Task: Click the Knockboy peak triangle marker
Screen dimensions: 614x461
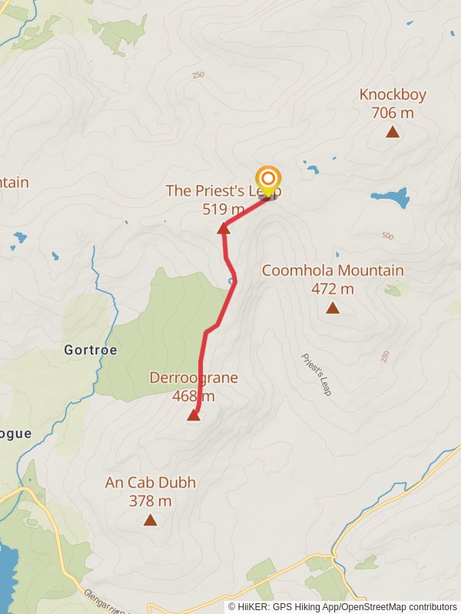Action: (x=393, y=132)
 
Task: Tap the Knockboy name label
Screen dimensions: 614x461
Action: (x=393, y=94)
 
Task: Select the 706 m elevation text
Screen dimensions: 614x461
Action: (x=393, y=113)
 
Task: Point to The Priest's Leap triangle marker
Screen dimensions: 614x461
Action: (x=224, y=228)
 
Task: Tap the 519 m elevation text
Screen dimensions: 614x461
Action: (x=224, y=209)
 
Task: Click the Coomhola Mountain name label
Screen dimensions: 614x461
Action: (x=333, y=270)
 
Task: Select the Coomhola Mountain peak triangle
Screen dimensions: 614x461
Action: (x=333, y=308)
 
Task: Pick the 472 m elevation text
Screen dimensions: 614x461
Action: (x=333, y=289)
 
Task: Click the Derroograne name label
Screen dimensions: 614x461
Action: (x=194, y=378)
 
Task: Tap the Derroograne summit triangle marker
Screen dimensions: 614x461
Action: (x=194, y=415)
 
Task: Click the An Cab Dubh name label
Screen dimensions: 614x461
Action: (x=151, y=483)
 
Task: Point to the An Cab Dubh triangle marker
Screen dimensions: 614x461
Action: (x=151, y=520)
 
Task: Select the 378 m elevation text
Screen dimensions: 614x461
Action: (x=151, y=501)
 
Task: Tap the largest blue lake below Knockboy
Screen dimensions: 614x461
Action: (x=390, y=197)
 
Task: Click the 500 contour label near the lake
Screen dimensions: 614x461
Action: (x=387, y=236)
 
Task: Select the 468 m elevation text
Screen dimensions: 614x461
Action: (x=194, y=396)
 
